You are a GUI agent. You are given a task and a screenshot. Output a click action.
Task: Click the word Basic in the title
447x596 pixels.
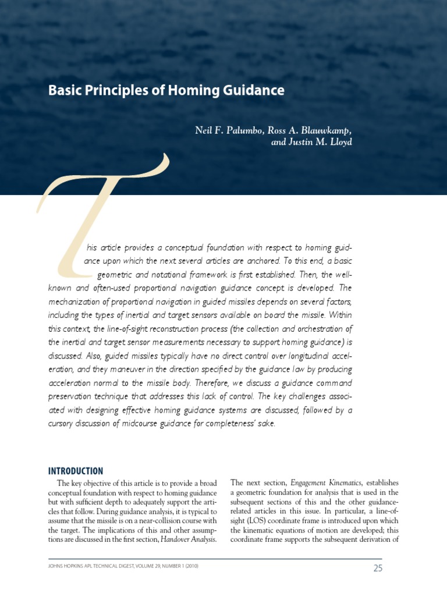[62, 91]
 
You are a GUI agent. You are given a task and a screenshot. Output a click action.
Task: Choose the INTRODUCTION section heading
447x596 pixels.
[76, 471]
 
